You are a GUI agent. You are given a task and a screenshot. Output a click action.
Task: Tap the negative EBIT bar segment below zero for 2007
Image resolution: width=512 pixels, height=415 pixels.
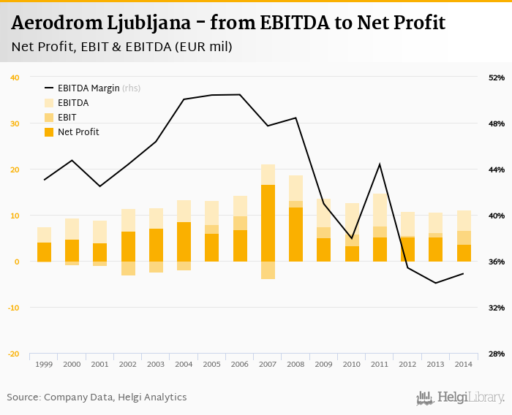click(x=268, y=270)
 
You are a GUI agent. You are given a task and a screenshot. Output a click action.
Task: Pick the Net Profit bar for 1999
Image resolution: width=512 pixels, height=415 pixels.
click(x=44, y=252)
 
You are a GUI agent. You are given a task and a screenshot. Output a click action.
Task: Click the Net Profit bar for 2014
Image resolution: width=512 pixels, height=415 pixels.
click(x=464, y=253)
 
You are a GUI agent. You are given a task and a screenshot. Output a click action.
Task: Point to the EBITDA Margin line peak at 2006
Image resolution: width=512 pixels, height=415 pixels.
click(x=240, y=94)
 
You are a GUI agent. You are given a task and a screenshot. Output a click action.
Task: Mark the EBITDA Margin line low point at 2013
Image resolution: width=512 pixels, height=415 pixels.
click(x=436, y=283)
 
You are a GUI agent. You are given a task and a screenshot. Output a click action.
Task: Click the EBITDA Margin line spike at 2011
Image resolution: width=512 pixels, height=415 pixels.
click(x=380, y=164)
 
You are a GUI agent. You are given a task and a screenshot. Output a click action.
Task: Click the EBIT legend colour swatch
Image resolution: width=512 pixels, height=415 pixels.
click(x=50, y=118)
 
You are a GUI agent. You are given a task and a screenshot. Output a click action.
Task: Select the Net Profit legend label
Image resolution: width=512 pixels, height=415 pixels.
click(x=78, y=132)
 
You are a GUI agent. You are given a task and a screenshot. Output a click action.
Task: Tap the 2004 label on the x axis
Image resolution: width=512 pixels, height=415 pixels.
click(x=184, y=364)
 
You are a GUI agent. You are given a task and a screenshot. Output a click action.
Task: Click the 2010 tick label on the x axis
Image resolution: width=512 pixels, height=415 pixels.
click(x=352, y=364)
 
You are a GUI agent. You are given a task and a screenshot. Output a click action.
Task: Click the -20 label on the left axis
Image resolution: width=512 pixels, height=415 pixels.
click(x=14, y=354)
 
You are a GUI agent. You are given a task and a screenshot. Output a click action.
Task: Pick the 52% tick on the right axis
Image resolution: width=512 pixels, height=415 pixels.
click(x=496, y=77)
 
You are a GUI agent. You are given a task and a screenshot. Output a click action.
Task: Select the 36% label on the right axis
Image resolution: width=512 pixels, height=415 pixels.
click(x=496, y=262)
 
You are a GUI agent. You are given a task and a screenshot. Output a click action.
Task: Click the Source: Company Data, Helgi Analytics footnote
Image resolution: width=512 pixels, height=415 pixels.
click(x=97, y=397)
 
